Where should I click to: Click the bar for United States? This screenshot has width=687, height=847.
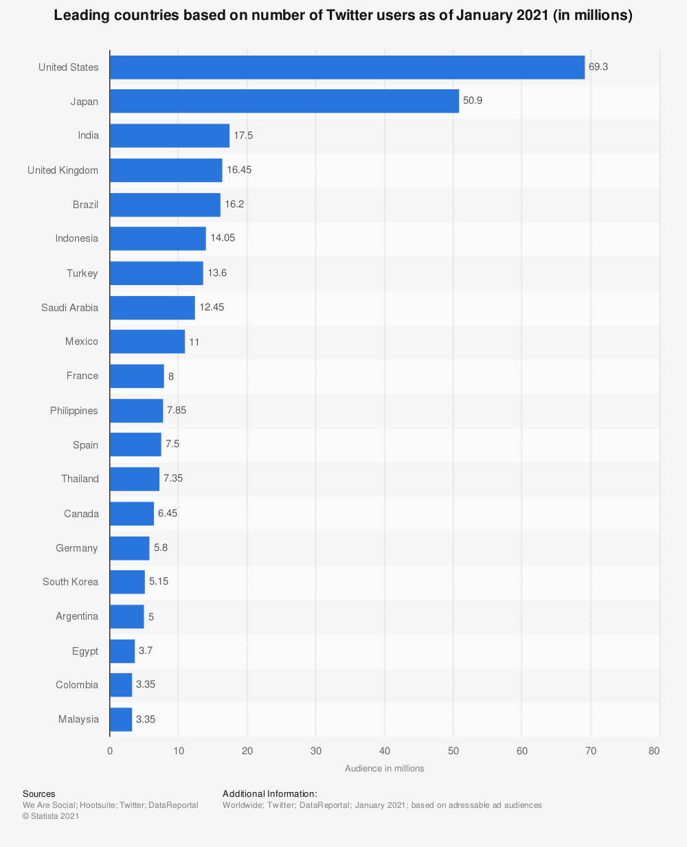347,67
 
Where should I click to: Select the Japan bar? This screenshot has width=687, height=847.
284,101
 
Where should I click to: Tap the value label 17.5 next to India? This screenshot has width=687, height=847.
243,135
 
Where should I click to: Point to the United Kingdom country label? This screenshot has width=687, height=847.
63,170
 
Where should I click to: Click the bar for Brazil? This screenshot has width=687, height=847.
165,205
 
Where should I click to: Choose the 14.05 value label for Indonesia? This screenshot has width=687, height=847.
223,238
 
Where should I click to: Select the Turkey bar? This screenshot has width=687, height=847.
157,273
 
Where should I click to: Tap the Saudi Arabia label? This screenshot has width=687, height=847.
69,308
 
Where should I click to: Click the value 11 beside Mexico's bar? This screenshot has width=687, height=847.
194,341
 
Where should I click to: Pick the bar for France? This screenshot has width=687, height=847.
137,376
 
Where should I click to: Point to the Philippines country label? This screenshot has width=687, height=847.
74,411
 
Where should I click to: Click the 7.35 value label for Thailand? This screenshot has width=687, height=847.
173,478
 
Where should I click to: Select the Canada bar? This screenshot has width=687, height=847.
132,514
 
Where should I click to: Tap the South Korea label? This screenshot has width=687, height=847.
70,582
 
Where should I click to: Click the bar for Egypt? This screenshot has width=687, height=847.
122,651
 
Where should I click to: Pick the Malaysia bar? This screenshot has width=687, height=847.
121,719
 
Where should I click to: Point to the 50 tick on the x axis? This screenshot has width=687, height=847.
453,751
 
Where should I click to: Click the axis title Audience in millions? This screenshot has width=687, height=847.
384,769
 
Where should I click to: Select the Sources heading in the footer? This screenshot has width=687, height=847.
39,794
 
